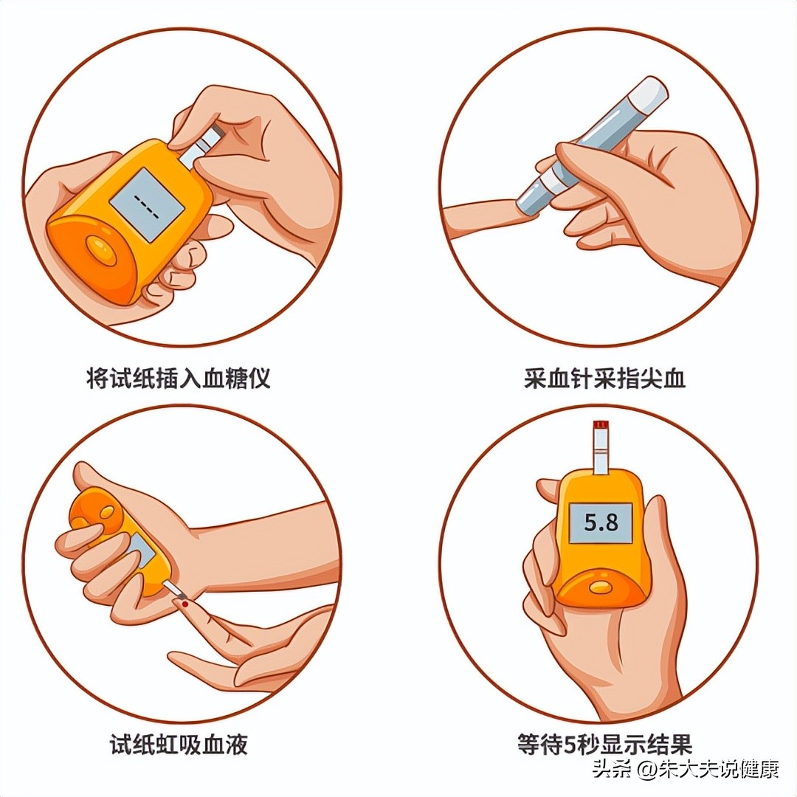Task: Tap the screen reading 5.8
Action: (600, 523)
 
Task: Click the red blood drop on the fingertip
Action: (185, 604)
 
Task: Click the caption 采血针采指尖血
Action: (605, 378)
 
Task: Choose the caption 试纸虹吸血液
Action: (179, 745)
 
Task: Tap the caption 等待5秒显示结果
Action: (605, 745)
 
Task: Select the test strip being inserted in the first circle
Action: (202, 144)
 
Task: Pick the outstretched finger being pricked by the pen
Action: (483, 218)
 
